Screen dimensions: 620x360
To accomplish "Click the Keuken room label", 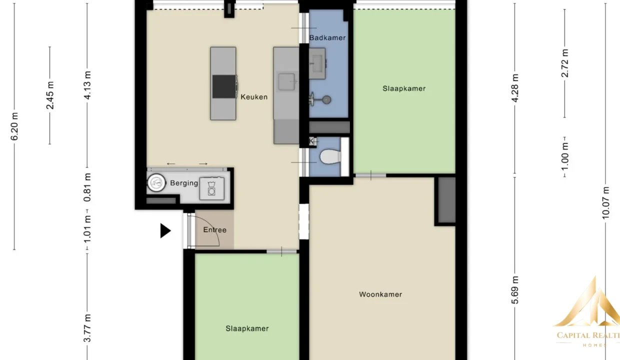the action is (x=254, y=97).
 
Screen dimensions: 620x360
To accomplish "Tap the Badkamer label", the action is (x=327, y=37).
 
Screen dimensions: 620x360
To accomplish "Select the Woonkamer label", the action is (x=380, y=294).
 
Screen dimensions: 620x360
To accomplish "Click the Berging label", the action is (x=184, y=183).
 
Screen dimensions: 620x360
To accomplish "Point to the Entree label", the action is (x=215, y=229).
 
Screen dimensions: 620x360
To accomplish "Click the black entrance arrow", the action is (x=165, y=231).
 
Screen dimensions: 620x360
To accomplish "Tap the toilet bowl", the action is (x=330, y=157).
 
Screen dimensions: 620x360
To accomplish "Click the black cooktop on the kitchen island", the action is (x=224, y=86).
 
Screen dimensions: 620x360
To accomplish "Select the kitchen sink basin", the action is (x=286, y=82).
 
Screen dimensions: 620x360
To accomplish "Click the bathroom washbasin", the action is (x=317, y=63).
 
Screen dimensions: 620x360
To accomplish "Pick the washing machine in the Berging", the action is (x=211, y=188).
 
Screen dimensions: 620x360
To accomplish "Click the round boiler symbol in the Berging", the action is (x=156, y=182).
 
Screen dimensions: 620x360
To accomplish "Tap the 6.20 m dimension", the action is (x=14, y=126).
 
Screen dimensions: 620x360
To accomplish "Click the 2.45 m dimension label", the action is (x=50, y=95).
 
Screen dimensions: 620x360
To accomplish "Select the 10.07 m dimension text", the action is (x=605, y=203).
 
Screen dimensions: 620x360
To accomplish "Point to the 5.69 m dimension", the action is (x=515, y=290).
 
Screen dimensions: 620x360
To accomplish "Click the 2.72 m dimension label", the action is (x=564, y=63).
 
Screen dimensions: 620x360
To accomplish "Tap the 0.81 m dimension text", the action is (x=87, y=187).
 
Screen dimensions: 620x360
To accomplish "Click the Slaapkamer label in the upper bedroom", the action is (x=404, y=88).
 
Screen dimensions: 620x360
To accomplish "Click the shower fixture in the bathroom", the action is (x=320, y=99).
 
